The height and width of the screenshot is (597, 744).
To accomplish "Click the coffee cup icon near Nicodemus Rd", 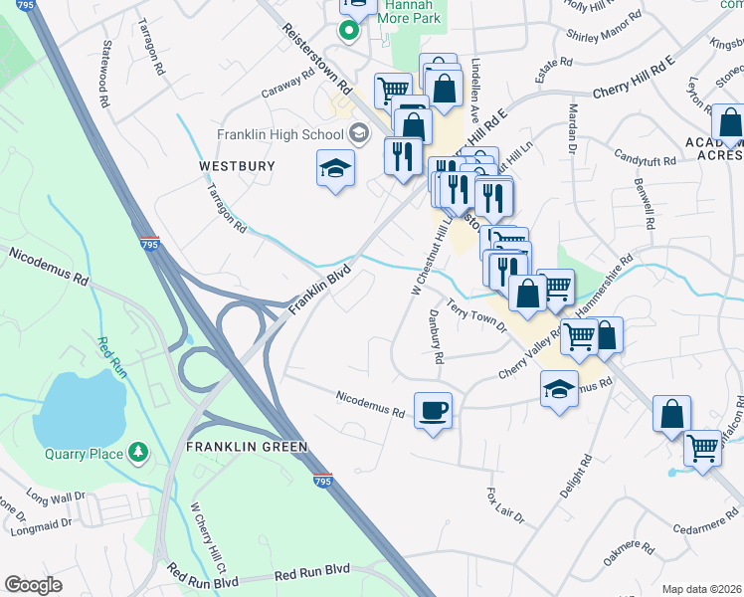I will coord(433,410).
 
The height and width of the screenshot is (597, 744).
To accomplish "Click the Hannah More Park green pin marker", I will coord(348,30).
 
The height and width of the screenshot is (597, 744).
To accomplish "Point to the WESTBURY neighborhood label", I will coord(237,166).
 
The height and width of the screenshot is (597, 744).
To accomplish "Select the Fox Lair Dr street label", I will coord(504,506).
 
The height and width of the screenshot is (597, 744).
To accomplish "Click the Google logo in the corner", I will coord(33,584).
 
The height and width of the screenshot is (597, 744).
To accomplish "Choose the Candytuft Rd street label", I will coord(644,157).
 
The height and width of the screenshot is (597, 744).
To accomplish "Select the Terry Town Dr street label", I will coord(476,316).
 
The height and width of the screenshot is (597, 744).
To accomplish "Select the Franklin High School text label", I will coord(279,134).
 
